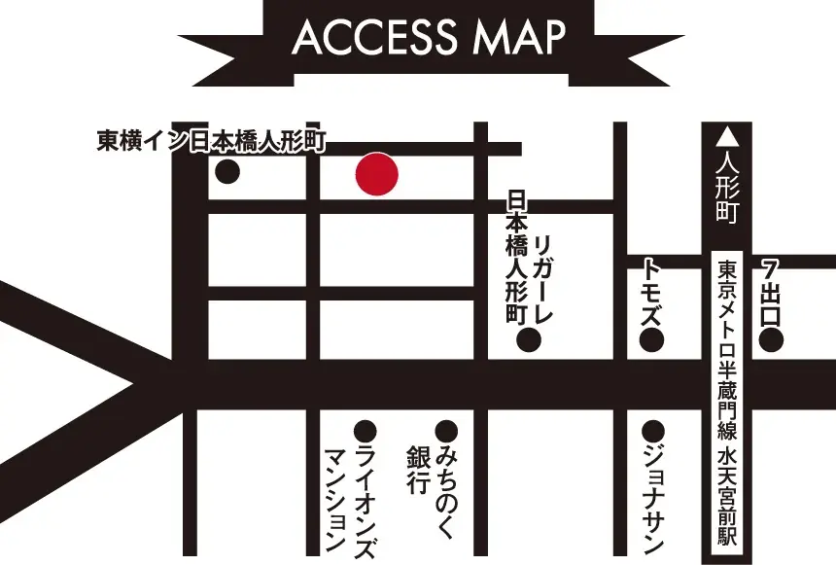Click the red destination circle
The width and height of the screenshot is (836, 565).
376,175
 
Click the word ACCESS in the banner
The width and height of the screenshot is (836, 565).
374,37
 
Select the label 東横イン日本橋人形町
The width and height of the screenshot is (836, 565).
212,142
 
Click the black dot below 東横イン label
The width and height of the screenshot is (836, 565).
227,173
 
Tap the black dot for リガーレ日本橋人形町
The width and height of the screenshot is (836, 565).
528,340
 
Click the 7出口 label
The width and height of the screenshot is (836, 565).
772,292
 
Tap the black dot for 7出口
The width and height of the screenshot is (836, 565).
772,340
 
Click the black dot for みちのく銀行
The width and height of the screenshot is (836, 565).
446,430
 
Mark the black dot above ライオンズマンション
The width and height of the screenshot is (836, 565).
366,430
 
